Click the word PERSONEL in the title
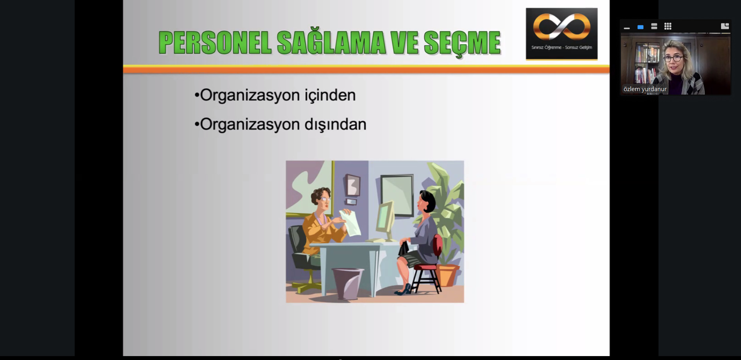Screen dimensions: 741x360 (x=215, y=42)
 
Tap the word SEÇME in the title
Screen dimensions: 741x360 (x=462, y=43)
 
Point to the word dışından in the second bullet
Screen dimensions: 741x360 (x=335, y=125)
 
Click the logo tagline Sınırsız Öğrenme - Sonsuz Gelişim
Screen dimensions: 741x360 (x=562, y=47)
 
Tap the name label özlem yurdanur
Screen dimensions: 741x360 (x=645, y=89)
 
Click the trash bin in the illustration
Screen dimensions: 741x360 (x=347, y=283)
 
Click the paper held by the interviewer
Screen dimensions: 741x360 (x=351, y=223)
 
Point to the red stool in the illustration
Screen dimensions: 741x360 (x=427, y=270)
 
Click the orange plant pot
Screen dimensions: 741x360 (x=447, y=275)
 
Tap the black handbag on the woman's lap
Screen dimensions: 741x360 (x=404, y=249)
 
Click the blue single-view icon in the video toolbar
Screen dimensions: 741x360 (x=640, y=27)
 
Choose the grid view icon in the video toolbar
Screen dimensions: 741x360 (x=668, y=26)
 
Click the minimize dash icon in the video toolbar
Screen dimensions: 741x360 (x=627, y=28)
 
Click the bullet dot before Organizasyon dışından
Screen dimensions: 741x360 (x=197, y=125)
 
